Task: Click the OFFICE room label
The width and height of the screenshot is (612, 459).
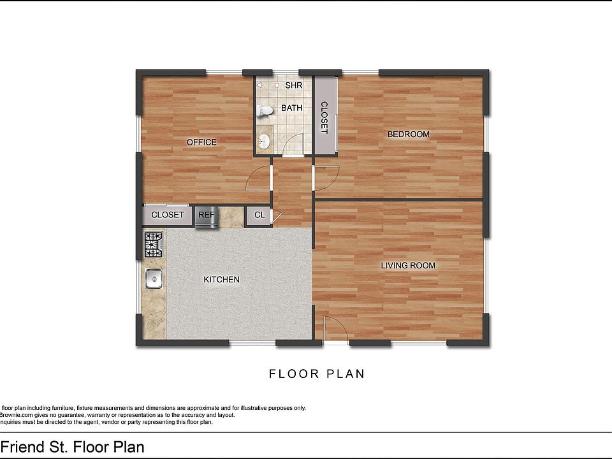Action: [201, 142]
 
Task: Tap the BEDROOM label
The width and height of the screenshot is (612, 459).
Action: [409, 135]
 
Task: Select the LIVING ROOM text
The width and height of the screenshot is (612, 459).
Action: [408, 265]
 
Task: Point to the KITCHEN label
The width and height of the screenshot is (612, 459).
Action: [221, 280]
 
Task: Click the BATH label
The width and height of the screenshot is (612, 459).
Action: [291, 108]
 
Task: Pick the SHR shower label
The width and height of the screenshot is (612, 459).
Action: [293, 85]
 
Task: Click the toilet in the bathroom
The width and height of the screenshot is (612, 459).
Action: [264, 111]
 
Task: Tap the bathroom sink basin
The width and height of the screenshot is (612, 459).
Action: [265, 140]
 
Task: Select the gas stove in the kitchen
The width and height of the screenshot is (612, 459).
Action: [154, 245]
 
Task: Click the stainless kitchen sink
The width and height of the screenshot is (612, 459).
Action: [154, 279]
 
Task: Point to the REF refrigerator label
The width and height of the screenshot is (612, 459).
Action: [206, 215]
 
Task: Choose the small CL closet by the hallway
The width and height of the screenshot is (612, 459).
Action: [259, 215]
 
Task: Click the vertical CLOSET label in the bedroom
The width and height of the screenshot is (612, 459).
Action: [324, 117]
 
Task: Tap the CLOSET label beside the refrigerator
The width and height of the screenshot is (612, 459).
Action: [167, 215]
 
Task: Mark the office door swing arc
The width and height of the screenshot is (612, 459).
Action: [256, 178]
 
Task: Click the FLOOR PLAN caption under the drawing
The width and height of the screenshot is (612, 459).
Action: [317, 374]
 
